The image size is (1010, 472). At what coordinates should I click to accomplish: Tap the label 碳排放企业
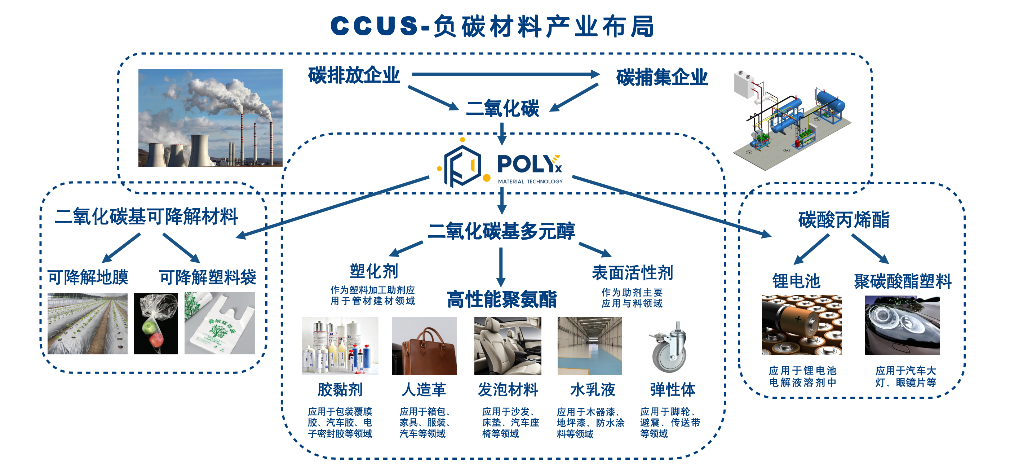(x=354, y=75)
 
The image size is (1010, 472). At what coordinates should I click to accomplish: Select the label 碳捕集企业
(x=662, y=77)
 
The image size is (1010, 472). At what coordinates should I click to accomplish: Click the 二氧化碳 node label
(x=502, y=108)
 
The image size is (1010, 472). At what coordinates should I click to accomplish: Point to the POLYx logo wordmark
(x=529, y=165)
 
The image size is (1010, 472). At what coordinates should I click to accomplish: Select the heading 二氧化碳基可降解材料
(x=146, y=216)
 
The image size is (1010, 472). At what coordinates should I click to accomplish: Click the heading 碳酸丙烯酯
(x=844, y=219)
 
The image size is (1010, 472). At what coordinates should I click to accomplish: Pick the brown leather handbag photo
(x=424, y=346)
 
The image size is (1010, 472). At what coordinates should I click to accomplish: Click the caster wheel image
(x=669, y=347)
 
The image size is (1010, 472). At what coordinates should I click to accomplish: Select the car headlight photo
(x=902, y=325)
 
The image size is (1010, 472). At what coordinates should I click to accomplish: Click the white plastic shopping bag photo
(x=220, y=323)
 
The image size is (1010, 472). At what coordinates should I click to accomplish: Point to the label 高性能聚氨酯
(x=501, y=299)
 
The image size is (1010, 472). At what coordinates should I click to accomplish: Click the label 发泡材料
(x=508, y=390)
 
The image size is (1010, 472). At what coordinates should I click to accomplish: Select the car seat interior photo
(x=508, y=346)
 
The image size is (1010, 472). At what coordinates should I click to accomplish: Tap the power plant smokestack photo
(x=210, y=118)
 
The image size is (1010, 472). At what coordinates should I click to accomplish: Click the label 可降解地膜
(x=88, y=277)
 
